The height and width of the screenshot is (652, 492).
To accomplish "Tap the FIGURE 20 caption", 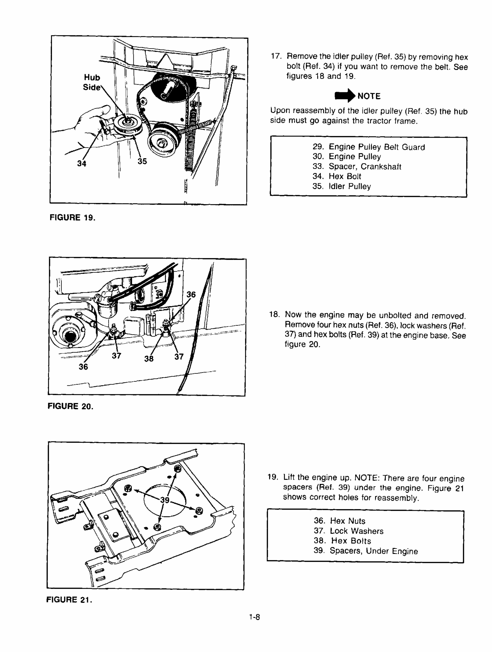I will point(71,406).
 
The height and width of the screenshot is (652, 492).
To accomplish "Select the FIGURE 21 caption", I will point(69,600).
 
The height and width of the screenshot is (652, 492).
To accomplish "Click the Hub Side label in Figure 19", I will point(92,82).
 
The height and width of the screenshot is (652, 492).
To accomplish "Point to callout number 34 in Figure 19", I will point(82,163).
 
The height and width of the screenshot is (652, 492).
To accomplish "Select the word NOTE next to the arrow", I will point(369,96).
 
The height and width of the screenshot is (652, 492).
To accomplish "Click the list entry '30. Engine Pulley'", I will point(347,157).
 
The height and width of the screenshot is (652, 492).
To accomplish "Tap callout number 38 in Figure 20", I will point(149,358).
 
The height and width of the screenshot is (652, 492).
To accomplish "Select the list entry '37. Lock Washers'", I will point(349,531).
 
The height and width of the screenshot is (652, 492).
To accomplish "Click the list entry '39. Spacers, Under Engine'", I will point(366,551).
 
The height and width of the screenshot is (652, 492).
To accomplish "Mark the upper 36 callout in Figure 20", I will point(191,294).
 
